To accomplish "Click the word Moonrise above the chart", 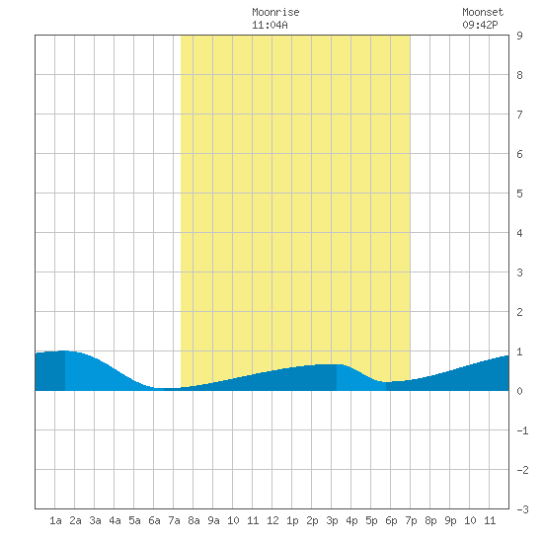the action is [275, 12].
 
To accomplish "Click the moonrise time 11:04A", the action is [270, 25].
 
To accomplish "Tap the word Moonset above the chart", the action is [483, 12].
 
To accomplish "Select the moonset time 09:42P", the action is [481, 25].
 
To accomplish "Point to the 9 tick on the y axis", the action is [519, 36].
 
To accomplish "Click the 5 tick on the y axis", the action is [519, 194].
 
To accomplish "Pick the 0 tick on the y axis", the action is [519, 391].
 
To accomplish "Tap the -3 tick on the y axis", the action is [523, 509].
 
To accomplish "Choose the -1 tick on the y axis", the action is [523, 430].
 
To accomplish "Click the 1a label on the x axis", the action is [55, 520].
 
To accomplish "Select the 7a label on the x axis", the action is [174, 520].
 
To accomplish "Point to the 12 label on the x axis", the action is [272, 520].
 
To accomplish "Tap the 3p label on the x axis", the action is [332, 520].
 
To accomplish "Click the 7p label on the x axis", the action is [411, 520].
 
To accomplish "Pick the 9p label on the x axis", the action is [450, 520].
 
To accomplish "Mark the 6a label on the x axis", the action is [154, 520].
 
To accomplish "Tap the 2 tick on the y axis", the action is [519, 312].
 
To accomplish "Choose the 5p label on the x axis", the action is [371, 520].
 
